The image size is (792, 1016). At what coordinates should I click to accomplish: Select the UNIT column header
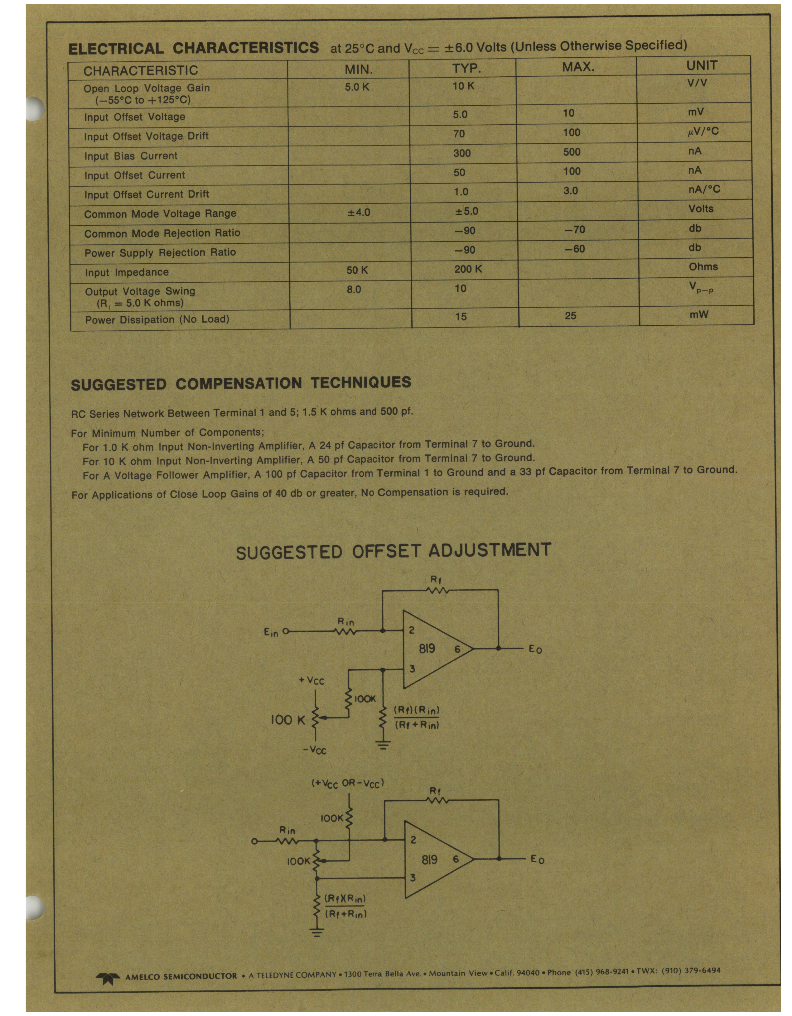(x=701, y=65)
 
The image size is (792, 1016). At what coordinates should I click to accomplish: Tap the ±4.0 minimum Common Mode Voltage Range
(x=359, y=212)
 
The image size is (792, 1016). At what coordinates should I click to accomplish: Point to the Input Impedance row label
(x=127, y=272)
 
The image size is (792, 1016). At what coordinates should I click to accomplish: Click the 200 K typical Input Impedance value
(x=468, y=269)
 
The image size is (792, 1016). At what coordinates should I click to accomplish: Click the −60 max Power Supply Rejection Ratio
(x=574, y=249)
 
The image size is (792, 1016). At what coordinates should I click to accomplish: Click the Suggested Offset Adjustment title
(x=393, y=551)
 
